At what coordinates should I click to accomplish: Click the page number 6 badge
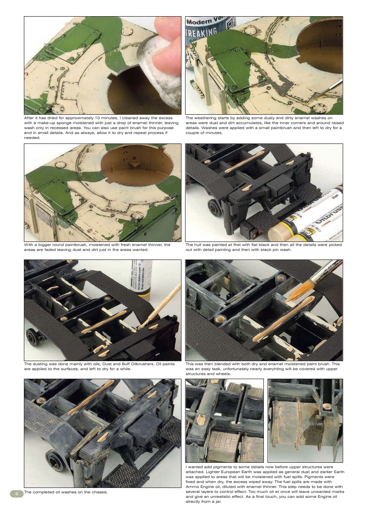(16, 493)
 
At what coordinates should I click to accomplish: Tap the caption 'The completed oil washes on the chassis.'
(66, 492)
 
